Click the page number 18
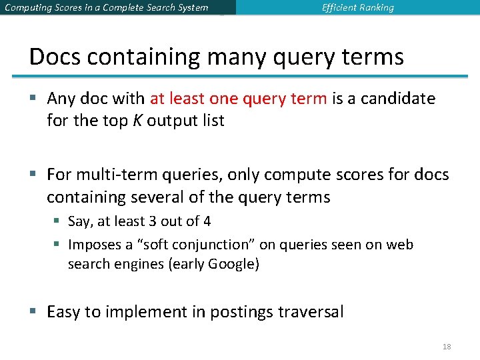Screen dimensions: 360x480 pos(447,347)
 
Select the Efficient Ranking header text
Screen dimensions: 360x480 pos(358,8)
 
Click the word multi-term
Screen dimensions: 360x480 pos(110,175)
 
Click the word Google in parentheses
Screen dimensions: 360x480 pos(232,264)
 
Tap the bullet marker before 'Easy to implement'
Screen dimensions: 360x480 pos(34,311)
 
